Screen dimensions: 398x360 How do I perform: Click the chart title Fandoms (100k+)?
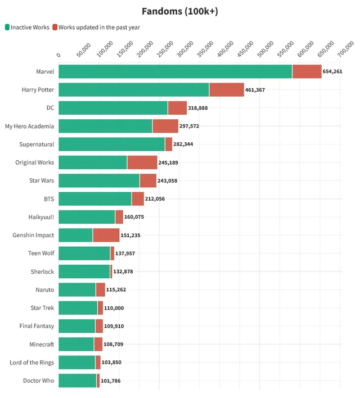click(x=180, y=11)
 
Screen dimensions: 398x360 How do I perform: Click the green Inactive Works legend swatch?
click(x=7, y=27)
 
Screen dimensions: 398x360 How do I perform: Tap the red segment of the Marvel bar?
click(x=307, y=71)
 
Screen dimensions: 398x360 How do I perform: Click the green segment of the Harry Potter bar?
click(x=133, y=89)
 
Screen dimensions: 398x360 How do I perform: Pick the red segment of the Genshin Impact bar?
click(x=106, y=235)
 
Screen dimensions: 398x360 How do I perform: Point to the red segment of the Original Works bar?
click(x=142, y=162)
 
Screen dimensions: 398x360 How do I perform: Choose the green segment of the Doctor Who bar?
click(x=77, y=381)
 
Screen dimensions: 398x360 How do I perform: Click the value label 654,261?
click(x=332, y=71)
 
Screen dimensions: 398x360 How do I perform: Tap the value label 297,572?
click(x=189, y=126)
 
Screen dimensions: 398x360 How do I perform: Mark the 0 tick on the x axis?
click(x=59, y=55)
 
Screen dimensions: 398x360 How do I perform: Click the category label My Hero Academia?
click(x=29, y=126)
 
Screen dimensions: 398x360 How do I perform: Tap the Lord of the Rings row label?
click(x=32, y=363)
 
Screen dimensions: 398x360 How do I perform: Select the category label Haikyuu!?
click(x=41, y=217)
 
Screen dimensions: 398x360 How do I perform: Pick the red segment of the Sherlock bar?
click(x=111, y=272)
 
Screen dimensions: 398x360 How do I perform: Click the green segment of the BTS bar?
click(x=94, y=198)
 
